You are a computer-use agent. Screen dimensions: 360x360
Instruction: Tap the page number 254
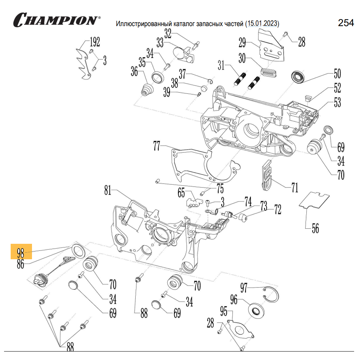pos(346,23)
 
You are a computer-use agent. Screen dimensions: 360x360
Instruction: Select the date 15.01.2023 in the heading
pos(263,24)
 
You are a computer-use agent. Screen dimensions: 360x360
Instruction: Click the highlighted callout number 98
pos(21,253)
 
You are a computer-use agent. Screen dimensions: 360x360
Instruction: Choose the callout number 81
pos(107,191)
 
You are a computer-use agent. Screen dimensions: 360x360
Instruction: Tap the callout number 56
pos(315,228)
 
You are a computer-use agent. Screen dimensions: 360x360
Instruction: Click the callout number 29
pos(242,43)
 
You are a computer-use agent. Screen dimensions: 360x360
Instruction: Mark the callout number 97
pos(244,287)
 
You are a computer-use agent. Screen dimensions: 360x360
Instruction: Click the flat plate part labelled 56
pos(314,200)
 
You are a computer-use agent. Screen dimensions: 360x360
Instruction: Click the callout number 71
pos(295,188)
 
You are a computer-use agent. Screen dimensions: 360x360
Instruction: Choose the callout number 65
pos(181,193)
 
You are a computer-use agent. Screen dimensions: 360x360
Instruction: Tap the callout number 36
pos(134,71)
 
